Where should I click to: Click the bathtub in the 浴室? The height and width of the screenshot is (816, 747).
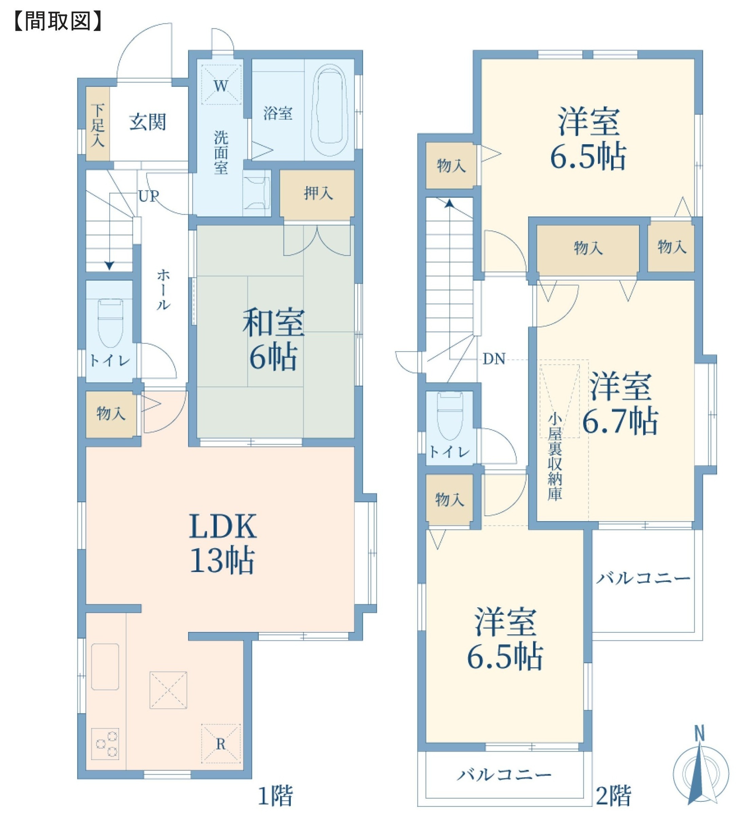click(329, 110)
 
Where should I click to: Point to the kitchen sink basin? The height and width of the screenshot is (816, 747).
click(105, 666)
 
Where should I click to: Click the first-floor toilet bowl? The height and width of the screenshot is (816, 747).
click(110, 323)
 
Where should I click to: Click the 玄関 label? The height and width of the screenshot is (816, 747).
click(147, 122)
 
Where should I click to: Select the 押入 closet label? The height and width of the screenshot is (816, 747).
click(318, 193)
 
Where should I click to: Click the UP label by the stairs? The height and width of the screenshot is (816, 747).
click(149, 196)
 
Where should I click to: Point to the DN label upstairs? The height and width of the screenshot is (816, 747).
click(494, 359)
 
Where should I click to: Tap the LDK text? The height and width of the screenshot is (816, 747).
click(223, 526)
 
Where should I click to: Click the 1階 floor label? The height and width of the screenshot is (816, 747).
click(275, 795)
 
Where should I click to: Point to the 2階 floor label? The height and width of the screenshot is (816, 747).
click(614, 795)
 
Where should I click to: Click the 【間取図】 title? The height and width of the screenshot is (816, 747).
click(58, 21)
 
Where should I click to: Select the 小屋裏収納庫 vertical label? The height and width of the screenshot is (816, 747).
click(554, 457)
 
